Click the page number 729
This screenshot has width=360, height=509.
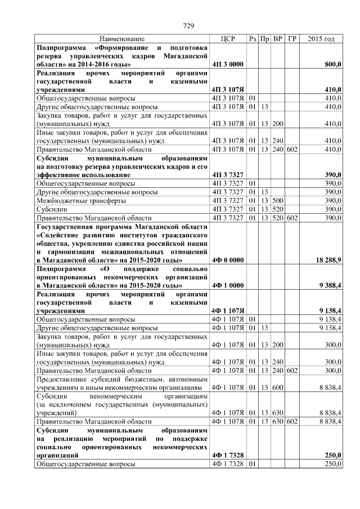tap(189, 26)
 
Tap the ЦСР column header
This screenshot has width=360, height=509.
tap(227, 39)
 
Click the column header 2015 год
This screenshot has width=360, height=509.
tap(321, 39)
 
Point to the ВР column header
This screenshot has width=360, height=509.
tap(277, 39)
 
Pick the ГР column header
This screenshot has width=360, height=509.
tap(291, 39)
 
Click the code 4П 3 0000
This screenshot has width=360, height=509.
tap(227, 65)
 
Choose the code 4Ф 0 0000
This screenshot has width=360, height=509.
tap(227, 260)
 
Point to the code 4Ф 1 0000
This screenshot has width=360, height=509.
tap(227, 285)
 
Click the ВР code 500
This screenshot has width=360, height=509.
tap(277, 200)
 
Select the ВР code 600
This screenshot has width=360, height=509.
tap(277, 388)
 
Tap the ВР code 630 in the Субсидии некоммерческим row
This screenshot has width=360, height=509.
tap(277, 412)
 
